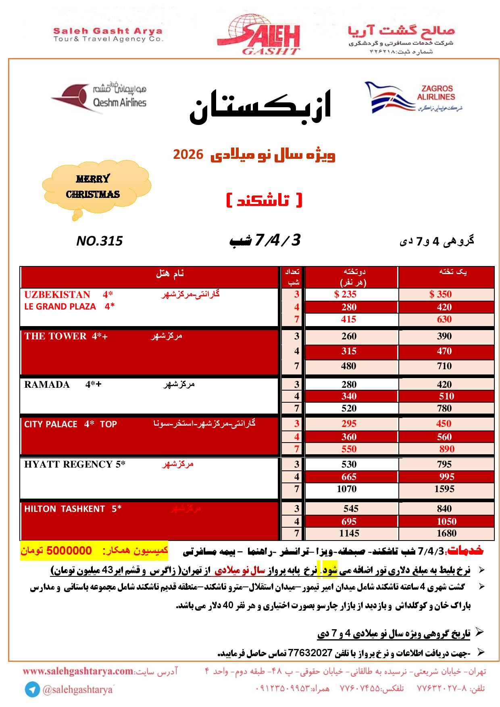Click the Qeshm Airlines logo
point(99,97)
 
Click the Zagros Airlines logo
point(413,97)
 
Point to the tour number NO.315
point(99,241)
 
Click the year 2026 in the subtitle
point(187,154)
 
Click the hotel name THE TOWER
point(55,336)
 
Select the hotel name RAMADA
point(47,384)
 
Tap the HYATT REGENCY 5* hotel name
point(75,464)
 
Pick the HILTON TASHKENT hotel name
point(65,509)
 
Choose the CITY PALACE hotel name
point(51,424)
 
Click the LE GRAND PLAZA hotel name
point(60,306)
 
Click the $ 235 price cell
point(346,294)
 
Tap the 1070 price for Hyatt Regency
point(347,489)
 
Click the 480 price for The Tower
point(348,366)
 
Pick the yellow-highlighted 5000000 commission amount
point(69,551)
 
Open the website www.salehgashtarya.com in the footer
point(77,672)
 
